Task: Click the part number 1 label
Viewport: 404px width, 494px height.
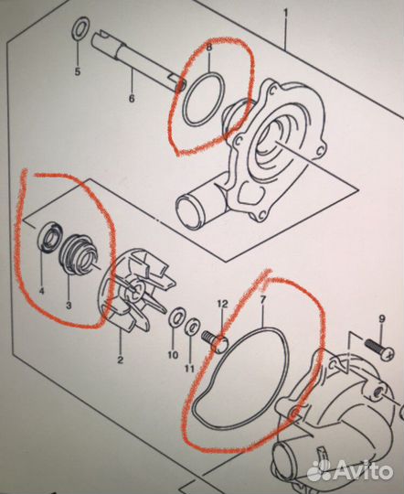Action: pyautogui.click(x=286, y=14)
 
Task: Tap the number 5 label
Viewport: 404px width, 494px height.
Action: pyautogui.click(x=78, y=71)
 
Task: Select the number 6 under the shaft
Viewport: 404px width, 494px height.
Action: pyautogui.click(x=132, y=98)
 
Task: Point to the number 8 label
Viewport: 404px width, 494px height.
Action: pyautogui.click(x=209, y=48)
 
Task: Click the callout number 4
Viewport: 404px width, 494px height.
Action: pyautogui.click(x=41, y=291)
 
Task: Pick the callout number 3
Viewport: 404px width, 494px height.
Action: pyautogui.click(x=69, y=305)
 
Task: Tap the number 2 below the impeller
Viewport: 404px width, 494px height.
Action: pyautogui.click(x=121, y=360)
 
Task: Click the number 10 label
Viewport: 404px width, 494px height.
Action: pyautogui.click(x=173, y=355)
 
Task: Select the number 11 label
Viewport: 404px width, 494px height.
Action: pyautogui.click(x=189, y=368)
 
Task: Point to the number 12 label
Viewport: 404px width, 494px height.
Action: pyautogui.click(x=222, y=304)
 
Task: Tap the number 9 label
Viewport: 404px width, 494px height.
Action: pyautogui.click(x=382, y=319)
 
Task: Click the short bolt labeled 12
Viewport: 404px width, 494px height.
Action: pyautogui.click(x=216, y=340)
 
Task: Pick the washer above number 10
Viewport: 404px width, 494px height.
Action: pyautogui.click(x=177, y=317)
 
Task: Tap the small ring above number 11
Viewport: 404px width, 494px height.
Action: pyautogui.click(x=192, y=329)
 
